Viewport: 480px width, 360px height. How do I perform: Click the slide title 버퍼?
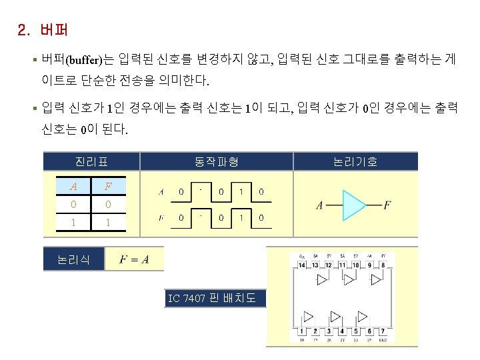53,30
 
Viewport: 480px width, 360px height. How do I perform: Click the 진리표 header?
91,161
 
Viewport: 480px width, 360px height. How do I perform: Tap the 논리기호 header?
355,161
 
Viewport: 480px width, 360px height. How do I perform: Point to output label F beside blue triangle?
387,205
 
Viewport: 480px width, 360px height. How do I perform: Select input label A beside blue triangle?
319,205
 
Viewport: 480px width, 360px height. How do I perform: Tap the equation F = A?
134,259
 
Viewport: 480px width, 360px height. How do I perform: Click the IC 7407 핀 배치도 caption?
213,298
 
